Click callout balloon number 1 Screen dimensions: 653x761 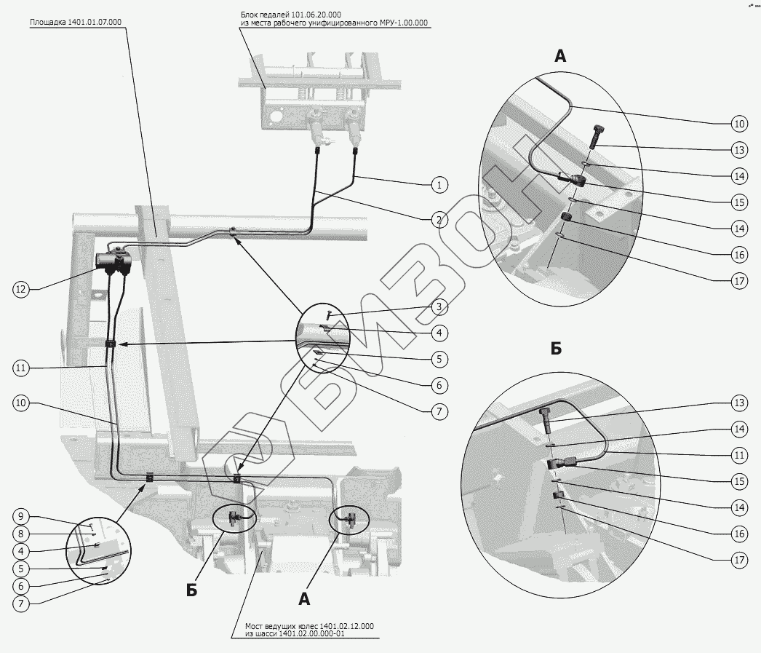(x=438, y=185)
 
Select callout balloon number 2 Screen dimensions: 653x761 (x=438, y=218)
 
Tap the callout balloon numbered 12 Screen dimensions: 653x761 (x=20, y=289)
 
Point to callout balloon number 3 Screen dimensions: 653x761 (x=438, y=307)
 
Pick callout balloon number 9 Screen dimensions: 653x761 (x=20, y=516)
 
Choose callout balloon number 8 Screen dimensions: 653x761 (x=20, y=534)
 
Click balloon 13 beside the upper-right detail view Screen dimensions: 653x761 (x=740, y=151)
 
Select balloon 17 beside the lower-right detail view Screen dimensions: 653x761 (x=740, y=560)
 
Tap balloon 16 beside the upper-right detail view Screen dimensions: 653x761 (x=740, y=255)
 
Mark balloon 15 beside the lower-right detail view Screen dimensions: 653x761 (x=740, y=481)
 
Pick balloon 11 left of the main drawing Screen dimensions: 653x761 (x=20, y=368)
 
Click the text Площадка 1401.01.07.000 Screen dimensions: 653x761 (x=76, y=23)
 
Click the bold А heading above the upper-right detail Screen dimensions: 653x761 (x=559, y=56)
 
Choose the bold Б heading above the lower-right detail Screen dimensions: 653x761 (x=556, y=349)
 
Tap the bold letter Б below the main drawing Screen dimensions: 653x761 (x=191, y=590)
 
